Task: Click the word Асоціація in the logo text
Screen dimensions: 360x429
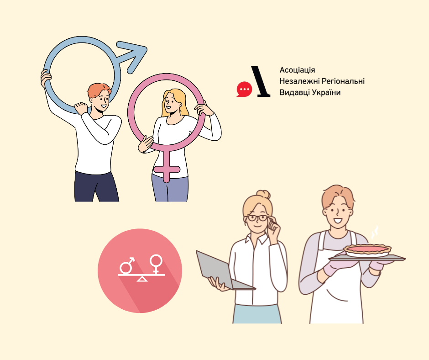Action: tap(297, 70)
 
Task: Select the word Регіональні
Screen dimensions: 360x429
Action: tap(343, 81)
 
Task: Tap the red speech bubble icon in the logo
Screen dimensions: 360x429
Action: tap(244, 89)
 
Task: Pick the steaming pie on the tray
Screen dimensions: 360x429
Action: tap(367, 249)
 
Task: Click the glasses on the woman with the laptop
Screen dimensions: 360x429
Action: tap(257, 218)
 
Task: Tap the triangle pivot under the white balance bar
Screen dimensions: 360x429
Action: tap(142, 279)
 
